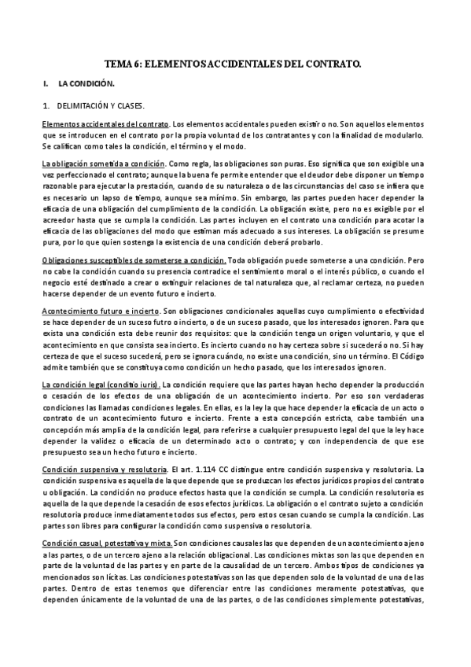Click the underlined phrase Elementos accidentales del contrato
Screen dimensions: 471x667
pyautogui.click(x=105, y=124)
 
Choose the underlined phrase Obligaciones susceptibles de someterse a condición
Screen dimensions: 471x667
pyautogui.click(x=134, y=260)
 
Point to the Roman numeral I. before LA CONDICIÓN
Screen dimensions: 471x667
pyautogui.click(x=47, y=83)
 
